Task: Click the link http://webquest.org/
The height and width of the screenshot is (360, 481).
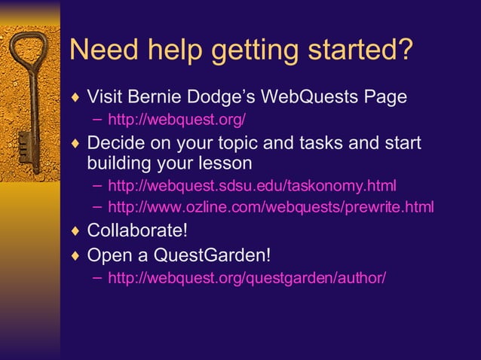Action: [x=177, y=120]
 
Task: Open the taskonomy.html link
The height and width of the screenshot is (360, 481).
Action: [x=252, y=185]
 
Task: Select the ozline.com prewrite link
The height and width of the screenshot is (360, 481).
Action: [x=271, y=206]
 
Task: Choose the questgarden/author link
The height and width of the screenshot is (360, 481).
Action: [x=247, y=278]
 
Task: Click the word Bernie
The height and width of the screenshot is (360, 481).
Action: [x=158, y=98]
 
